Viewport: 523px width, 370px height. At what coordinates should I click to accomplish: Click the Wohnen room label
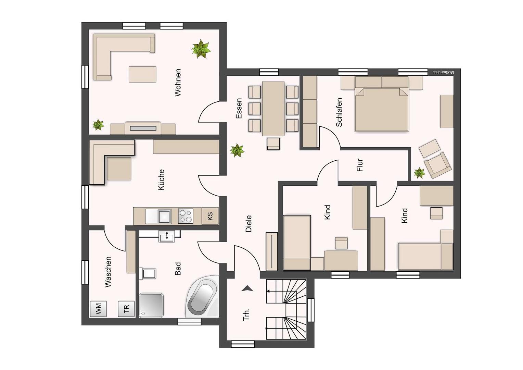(x=177, y=83)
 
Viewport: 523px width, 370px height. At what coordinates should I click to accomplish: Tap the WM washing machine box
(x=98, y=309)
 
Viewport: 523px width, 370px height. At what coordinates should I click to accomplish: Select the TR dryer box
(x=126, y=309)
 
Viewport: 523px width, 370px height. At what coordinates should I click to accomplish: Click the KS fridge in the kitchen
(x=210, y=216)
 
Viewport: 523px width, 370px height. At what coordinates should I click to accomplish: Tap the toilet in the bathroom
(x=148, y=273)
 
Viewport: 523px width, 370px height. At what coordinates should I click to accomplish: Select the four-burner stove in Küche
(x=186, y=216)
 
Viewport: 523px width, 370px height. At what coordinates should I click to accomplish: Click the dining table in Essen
(x=273, y=109)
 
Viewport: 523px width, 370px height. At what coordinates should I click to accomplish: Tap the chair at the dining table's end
(x=273, y=143)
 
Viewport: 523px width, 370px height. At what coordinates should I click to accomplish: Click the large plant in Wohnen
(x=201, y=49)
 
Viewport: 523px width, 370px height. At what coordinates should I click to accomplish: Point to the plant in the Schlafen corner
(x=419, y=173)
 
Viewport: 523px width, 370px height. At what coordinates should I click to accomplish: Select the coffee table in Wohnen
(x=143, y=74)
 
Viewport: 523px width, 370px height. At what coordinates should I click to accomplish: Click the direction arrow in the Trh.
(x=247, y=288)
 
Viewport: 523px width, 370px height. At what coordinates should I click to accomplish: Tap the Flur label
(x=359, y=165)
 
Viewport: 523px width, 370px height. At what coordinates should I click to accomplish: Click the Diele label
(x=248, y=223)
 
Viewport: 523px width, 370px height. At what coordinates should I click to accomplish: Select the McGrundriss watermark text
(x=443, y=72)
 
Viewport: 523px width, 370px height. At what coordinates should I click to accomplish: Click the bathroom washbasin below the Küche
(x=167, y=236)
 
